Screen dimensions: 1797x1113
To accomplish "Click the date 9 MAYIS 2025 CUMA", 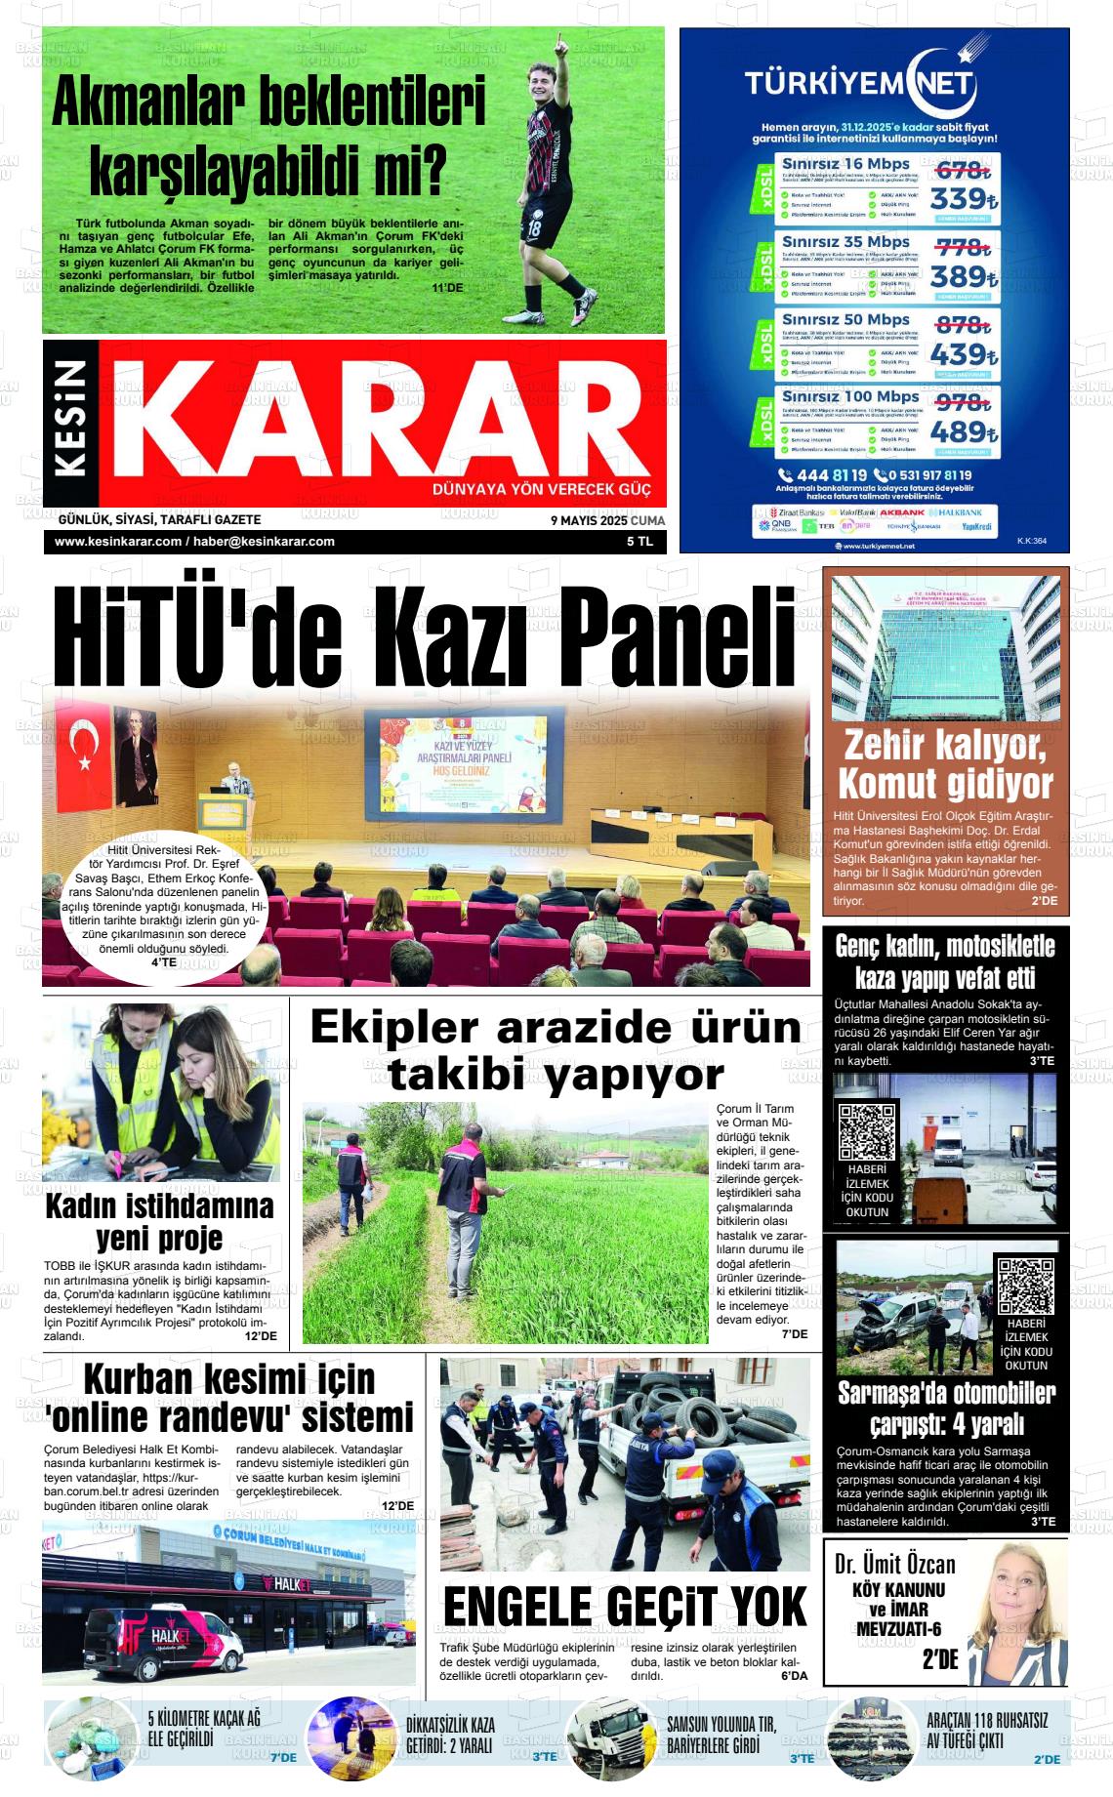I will pos(607,520).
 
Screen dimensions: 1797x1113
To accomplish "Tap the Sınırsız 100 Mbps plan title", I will pos(850,396).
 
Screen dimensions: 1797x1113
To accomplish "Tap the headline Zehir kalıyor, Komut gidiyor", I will pos(945,764).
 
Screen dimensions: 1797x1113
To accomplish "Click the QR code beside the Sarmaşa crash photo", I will pos(1025,1286).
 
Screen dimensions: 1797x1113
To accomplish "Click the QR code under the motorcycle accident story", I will pos(867,1131).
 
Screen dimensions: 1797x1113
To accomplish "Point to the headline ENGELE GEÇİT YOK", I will pos(625,1605).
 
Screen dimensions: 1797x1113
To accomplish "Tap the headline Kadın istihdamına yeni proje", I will pos(160,1221).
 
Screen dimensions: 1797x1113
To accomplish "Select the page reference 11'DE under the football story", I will pos(447,288).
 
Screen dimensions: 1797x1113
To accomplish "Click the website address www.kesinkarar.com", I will pos(118,542).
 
